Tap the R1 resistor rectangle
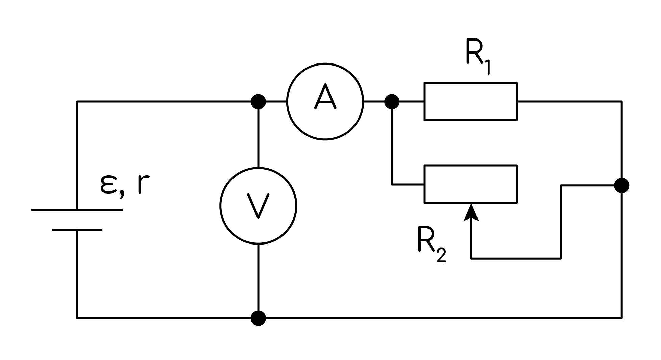(471, 83)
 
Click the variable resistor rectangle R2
(471, 166)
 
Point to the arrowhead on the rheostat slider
(471, 211)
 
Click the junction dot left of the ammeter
(259, 101)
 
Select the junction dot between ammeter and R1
(392, 101)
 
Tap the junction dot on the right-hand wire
(622, 185)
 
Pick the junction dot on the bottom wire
(259, 318)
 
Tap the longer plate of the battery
(77, 210)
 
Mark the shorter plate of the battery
(77, 230)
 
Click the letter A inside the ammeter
(325, 97)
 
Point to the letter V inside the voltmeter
(258, 205)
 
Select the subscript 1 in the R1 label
(486, 67)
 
